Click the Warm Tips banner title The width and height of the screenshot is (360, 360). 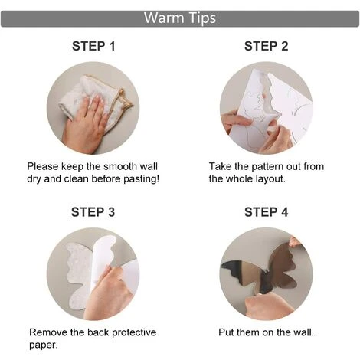click(180, 18)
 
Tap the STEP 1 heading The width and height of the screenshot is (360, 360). click(93, 47)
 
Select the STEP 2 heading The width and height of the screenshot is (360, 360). click(266, 47)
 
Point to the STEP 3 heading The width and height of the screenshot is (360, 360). click(93, 212)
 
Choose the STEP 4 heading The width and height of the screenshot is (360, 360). click(266, 212)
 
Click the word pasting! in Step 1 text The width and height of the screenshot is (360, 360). click(142, 179)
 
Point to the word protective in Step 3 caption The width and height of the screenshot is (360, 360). click(134, 332)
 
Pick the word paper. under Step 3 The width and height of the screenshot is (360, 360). click(44, 345)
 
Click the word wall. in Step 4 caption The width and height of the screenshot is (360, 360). click(303, 332)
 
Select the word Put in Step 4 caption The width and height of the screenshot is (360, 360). click(226, 332)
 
